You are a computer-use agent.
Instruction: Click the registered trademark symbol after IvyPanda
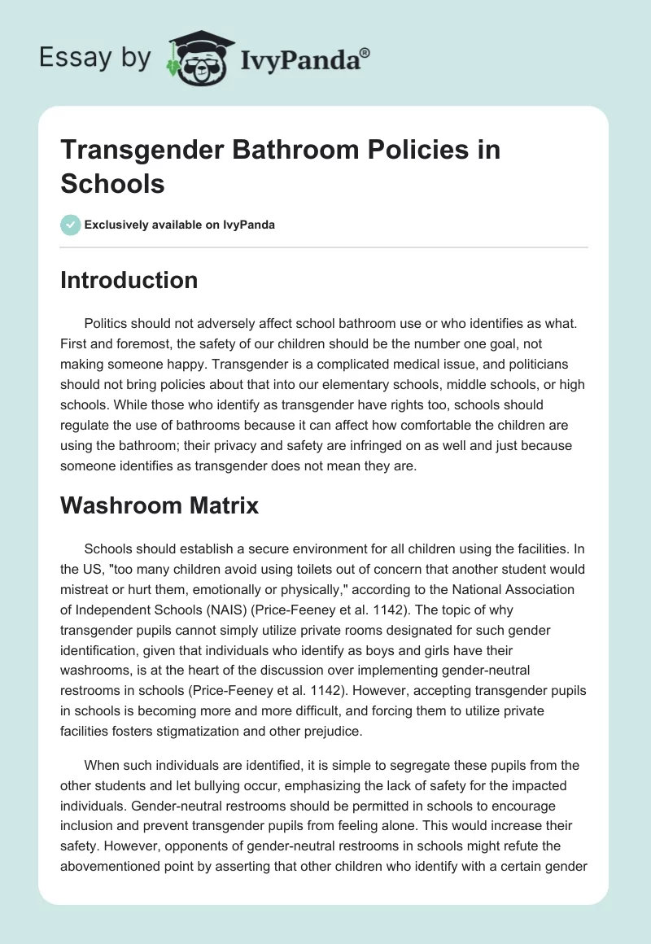click(365, 51)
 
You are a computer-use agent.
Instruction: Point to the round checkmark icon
click(71, 225)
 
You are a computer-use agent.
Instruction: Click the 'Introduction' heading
click(129, 280)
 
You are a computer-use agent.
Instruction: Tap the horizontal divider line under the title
click(325, 247)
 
